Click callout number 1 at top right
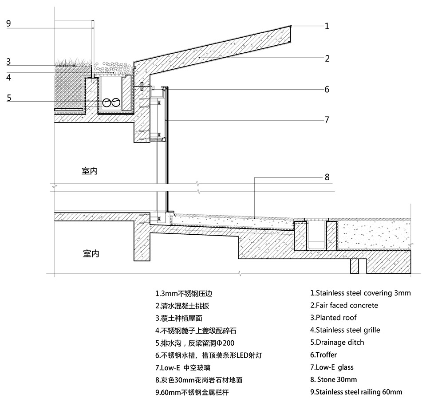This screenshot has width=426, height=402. pos(327,26)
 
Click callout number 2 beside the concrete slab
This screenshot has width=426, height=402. pos(327,58)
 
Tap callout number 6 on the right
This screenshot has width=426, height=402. pos(327,90)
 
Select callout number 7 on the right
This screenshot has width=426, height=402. pos(327,120)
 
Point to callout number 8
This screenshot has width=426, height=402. pos(327,177)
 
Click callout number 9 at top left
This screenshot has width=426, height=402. pos(8,24)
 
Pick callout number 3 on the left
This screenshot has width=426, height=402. pos(8,62)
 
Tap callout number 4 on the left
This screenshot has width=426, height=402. pos(8,77)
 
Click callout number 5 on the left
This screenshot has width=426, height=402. pos(8,98)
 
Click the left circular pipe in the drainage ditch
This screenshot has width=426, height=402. pos(107,102)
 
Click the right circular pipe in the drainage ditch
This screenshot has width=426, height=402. pos(116,102)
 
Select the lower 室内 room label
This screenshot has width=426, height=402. pos(91,253)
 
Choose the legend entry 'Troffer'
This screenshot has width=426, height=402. pos(323,355)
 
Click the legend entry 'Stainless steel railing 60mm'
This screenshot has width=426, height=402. pos(356,392)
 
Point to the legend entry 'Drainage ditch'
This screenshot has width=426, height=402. pos(337,343)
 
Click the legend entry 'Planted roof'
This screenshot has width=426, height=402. pos(333,318)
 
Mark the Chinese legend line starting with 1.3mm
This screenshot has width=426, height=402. pos(187,293)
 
